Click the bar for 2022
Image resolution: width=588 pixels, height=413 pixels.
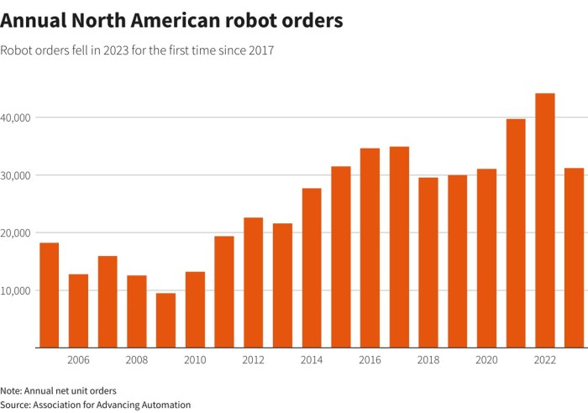tap(545, 221)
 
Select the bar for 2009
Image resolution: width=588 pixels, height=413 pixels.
tap(165, 320)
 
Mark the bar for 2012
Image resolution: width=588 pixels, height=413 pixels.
tap(253, 282)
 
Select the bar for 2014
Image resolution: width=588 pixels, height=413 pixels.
tap(312, 268)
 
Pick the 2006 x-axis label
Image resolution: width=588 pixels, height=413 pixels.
tap(78, 360)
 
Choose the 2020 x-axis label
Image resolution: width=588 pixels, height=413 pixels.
tap(486, 360)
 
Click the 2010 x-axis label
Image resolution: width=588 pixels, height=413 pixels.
tap(195, 360)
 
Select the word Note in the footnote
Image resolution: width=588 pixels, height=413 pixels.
tap(11, 390)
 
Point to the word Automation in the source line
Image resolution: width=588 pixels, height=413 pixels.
tap(166, 405)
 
